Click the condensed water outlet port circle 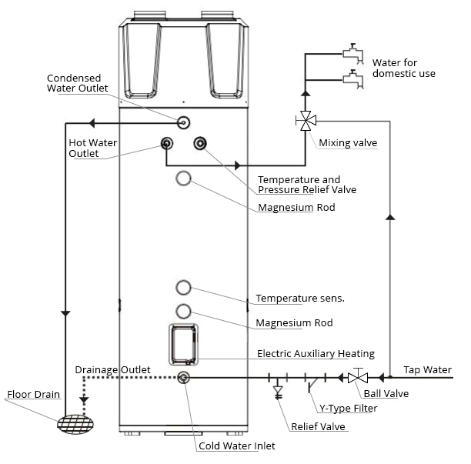pyautogui.click(x=183, y=122)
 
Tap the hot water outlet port pyautogui.click(x=167, y=143)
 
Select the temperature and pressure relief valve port pyautogui.click(x=200, y=143)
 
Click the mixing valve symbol pyautogui.click(x=306, y=121)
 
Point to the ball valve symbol pyautogui.click(x=358, y=376)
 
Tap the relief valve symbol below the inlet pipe pyautogui.click(x=278, y=392)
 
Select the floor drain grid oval pyautogui.click(x=75, y=424)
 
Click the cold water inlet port pyautogui.click(x=183, y=378)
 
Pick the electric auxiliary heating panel pyautogui.click(x=183, y=344)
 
